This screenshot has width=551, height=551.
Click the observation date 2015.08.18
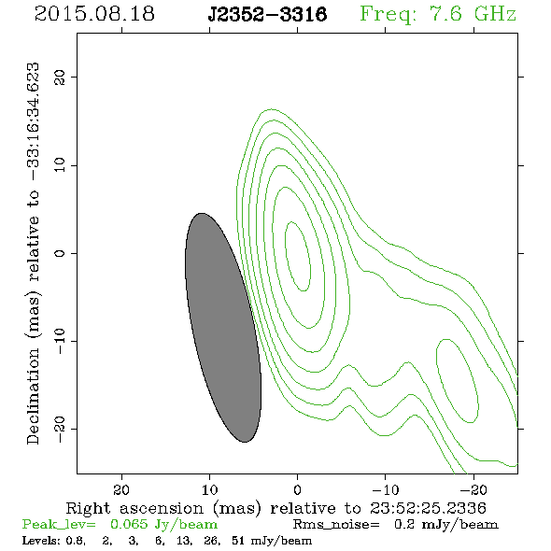pos(94,14)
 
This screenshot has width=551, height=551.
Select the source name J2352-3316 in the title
pos(267,14)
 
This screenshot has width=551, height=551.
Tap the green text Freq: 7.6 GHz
pos(438,14)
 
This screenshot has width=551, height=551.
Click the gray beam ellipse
pos(223,328)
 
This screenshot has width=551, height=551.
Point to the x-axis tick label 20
pos(121,489)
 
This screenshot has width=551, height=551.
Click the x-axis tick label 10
pos(209,489)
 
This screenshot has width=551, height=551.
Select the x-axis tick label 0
pos(297,489)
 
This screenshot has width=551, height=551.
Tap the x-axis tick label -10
pos(386,489)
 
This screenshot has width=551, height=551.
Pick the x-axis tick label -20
pos(473,489)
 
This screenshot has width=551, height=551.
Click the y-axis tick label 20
pos(60,77)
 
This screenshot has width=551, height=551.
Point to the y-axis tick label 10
pos(60,164)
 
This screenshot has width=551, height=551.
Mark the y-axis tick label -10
pos(60,341)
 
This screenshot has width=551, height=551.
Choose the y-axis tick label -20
pos(60,429)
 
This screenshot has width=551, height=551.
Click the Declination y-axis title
pos(33,254)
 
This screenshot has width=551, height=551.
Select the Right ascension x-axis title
pos(276,508)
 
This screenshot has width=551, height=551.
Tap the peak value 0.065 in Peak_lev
pos(129,524)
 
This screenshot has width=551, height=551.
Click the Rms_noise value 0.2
pos(404,524)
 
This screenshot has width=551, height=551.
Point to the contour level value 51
pos(238,540)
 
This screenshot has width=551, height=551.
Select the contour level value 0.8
pos(75,541)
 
